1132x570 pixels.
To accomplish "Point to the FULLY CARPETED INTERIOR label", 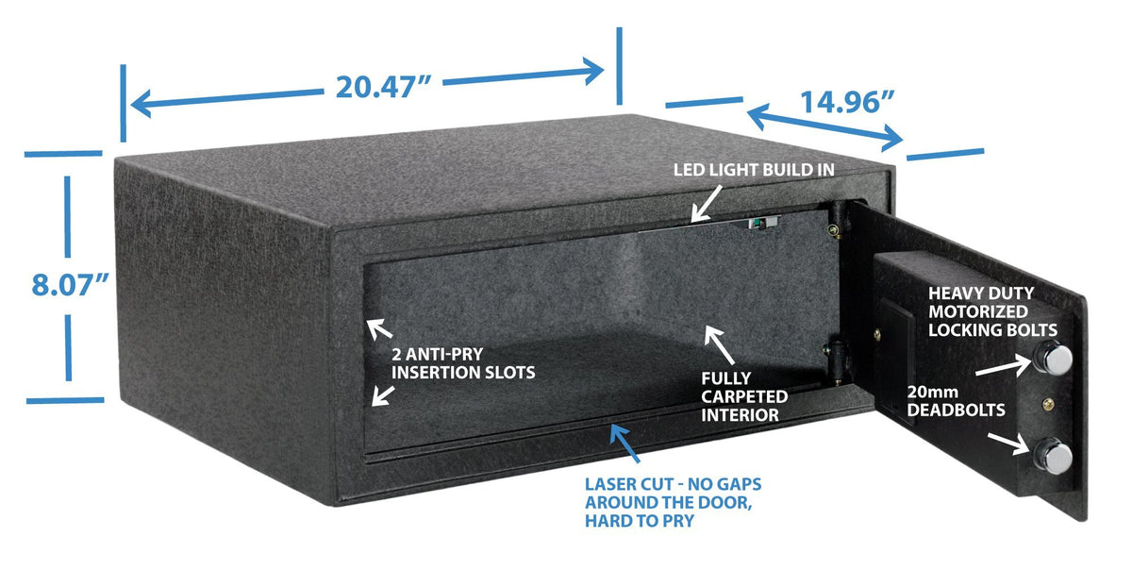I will click(x=744, y=395).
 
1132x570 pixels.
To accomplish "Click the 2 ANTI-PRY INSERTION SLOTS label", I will click(x=462, y=364).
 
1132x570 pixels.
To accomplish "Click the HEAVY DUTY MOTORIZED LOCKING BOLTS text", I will click(x=991, y=310).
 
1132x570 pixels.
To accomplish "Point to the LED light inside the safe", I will click(x=758, y=224).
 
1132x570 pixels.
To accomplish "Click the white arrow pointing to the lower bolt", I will click(x=1008, y=444).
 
